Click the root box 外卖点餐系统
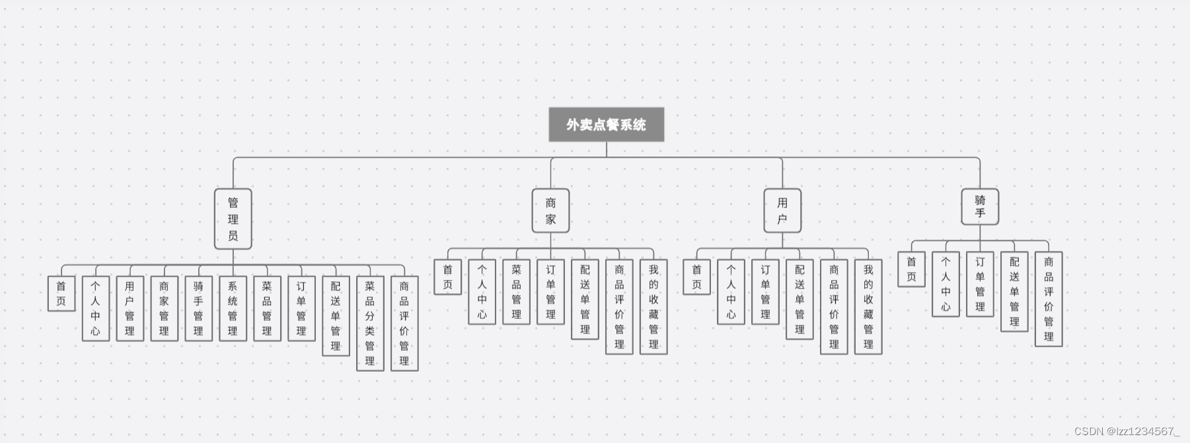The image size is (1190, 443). coord(606,125)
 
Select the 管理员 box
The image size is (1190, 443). coord(233,219)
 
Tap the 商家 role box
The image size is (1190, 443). coord(550,211)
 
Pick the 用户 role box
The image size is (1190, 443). coord(782,211)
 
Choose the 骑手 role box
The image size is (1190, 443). coord(980,207)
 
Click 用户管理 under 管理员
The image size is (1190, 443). coord(130,308)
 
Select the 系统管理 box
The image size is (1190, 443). coord(233,308)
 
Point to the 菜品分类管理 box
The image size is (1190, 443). coord(370,324)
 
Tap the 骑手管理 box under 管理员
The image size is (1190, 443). coord(198,308)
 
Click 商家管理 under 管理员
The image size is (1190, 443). coord(164,308)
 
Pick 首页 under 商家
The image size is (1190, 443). coord(447,277)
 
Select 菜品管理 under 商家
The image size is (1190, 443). coord(516,292)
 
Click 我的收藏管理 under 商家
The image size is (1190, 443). coord(653,307)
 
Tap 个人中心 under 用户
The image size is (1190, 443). coord(731,292)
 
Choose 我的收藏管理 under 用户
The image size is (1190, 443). coord(868,307)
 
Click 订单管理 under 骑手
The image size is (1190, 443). coord(980,285)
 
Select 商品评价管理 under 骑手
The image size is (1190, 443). coord(1049,299)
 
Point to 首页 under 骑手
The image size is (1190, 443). coord(911,269)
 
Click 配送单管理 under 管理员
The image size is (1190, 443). coord(336,316)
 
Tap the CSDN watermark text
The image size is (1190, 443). coord(1127,431)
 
